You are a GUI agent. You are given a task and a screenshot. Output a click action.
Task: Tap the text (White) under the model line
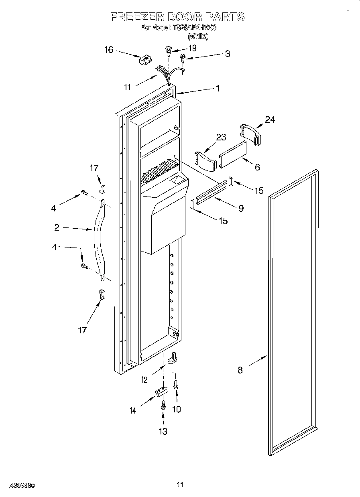pos(198,36)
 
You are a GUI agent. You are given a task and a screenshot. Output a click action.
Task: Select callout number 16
pos(109,50)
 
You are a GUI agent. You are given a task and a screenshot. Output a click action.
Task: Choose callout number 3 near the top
pos(227,54)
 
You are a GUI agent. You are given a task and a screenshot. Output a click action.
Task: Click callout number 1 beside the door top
pos(218,89)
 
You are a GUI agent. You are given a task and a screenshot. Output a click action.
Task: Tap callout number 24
pos(270,119)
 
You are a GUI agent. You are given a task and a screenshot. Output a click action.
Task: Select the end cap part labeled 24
pos(250,134)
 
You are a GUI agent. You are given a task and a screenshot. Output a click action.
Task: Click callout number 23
pos(221,137)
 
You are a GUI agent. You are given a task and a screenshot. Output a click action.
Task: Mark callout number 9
pos(241,208)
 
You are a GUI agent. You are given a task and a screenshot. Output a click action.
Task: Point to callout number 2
pos(57,227)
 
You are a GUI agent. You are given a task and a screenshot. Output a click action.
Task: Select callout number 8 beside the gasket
pos(240,370)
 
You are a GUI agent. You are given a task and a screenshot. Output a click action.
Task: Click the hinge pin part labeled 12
pos(173,357)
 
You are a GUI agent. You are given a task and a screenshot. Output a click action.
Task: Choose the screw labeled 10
pos(175,385)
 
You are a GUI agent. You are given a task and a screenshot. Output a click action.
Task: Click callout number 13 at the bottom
pos(163,431)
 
